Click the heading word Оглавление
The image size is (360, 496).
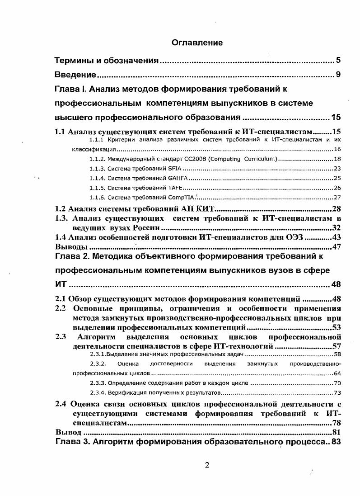197,43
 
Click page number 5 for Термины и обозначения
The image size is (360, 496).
338,60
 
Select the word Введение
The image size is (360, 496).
75,75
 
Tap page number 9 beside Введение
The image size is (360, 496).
338,75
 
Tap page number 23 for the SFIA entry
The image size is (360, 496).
337,168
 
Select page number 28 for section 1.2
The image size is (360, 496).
336,208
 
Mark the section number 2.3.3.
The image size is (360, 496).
98,383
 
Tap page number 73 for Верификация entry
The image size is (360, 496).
337,392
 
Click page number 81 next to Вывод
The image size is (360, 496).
336,432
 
